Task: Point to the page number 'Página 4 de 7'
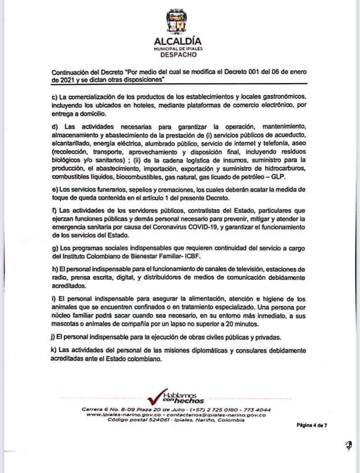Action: [312, 424]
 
